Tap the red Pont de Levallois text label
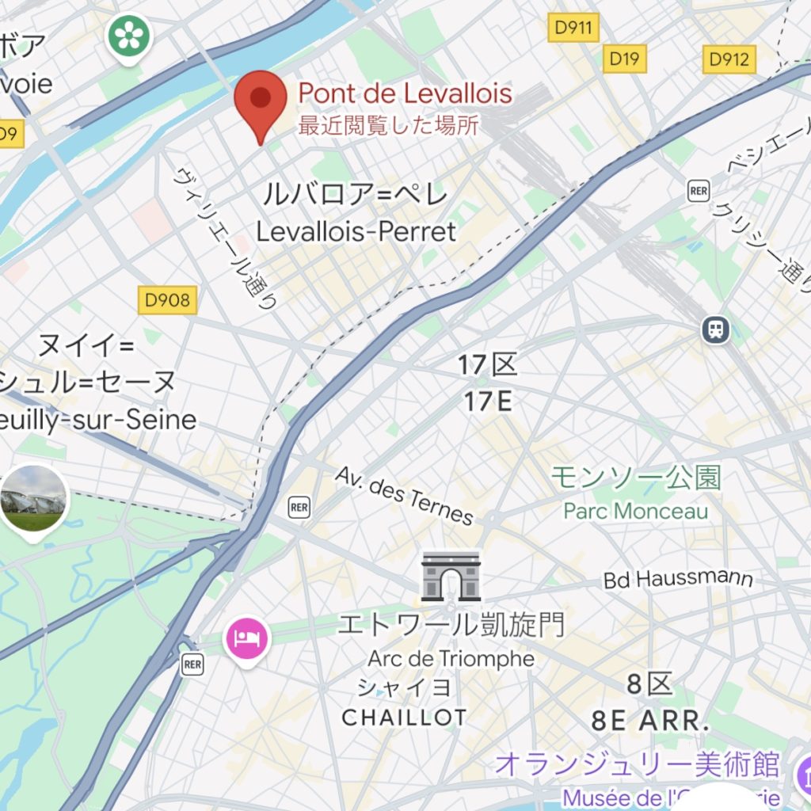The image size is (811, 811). pyautogui.click(x=405, y=94)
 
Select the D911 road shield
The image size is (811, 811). pyautogui.click(x=573, y=29)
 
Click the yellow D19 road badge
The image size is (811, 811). pyautogui.click(x=624, y=58)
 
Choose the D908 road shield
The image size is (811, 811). pyautogui.click(x=167, y=299)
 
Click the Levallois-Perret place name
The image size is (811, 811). pyautogui.click(x=356, y=231)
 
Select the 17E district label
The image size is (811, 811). pyautogui.click(x=487, y=402)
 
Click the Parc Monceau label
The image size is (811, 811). pyautogui.click(x=636, y=511)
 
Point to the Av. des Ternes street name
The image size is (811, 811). pyautogui.click(x=404, y=496)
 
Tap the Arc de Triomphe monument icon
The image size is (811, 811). pyautogui.click(x=451, y=576)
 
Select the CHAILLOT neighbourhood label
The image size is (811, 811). pyautogui.click(x=404, y=718)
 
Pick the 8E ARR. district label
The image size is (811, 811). pyautogui.click(x=649, y=721)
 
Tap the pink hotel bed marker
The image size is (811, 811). pyautogui.click(x=248, y=638)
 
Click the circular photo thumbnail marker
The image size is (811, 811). pyautogui.click(x=33, y=499)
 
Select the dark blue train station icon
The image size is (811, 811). pyautogui.click(x=716, y=329)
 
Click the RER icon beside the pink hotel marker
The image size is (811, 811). pyautogui.click(x=192, y=664)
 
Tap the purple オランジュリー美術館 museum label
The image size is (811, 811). pyautogui.click(x=638, y=765)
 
